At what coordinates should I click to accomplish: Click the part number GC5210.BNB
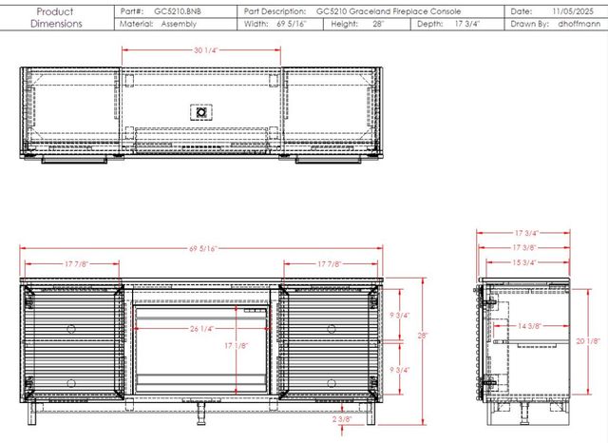click(178, 11)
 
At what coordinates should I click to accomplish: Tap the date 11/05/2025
click(573, 11)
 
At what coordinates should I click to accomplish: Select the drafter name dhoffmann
click(579, 24)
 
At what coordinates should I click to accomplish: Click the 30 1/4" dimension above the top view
click(206, 50)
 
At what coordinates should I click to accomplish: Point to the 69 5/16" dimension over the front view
click(203, 249)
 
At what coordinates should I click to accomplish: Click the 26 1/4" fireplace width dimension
click(201, 329)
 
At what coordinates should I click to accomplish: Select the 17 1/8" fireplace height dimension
click(236, 345)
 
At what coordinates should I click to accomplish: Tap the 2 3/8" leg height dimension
click(342, 419)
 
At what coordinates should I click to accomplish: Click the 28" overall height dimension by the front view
click(422, 336)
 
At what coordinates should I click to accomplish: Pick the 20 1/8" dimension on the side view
click(588, 341)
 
